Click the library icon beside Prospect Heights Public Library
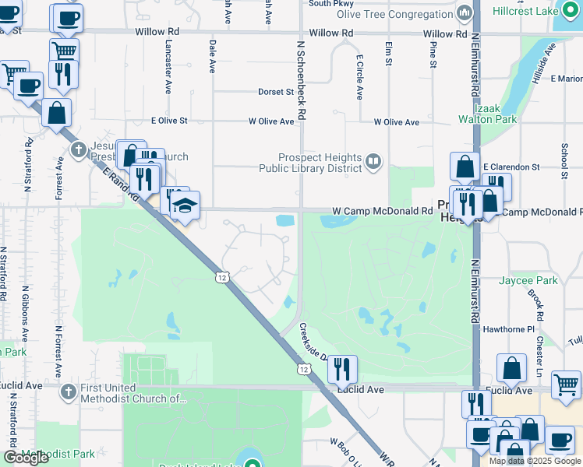tap(373, 162)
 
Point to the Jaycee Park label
tap(528, 280)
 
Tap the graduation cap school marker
tap(185, 206)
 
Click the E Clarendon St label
tap(511, 167)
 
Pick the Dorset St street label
tap(276, 92)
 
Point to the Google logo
tap(26, 458)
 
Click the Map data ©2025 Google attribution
tap(535, 461)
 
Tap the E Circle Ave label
tap(359, 77)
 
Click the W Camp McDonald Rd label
tap(382, 211)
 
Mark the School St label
tap(563, 160)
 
